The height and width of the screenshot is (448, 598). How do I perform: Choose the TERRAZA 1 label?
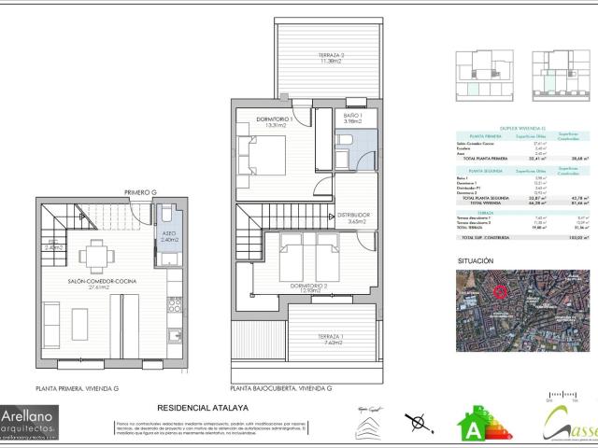pyautogui.click(x=331, y=338)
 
